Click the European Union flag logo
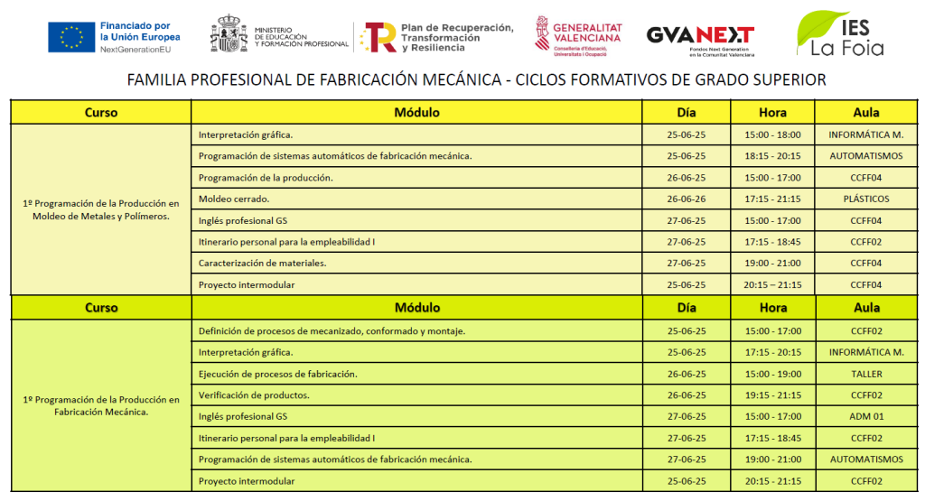click(70, 36)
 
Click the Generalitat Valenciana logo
click(578, 36)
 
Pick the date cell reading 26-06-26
click(686, 199)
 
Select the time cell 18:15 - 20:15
click(772, 156)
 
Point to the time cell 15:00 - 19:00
click(772, 374)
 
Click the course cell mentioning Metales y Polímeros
click(100, 209)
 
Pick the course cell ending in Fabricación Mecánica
click(100, 405)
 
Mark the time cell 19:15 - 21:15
click(772, 395)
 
